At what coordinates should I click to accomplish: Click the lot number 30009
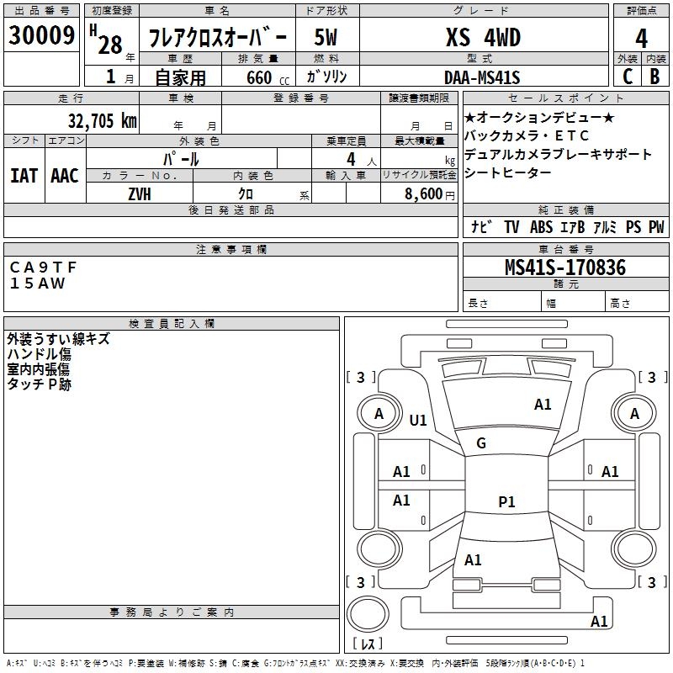tap(42, 36)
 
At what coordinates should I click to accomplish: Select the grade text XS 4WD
tap(483, 38)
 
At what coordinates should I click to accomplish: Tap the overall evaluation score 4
tap(641, 39)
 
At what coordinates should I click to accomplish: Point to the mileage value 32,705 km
tap(102, 120)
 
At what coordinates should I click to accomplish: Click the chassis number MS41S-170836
tap(564, 268)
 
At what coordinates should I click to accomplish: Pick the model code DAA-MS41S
tap(482, 77)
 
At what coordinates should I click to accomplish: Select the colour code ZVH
tap(140, 193)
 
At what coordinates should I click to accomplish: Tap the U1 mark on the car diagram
tap(418, 421)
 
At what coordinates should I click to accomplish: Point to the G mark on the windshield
tap(481, 443)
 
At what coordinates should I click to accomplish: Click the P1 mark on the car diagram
tap(506, 502)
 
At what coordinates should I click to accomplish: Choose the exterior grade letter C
tap(628, 77)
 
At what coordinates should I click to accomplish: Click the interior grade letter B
tap(655, 77)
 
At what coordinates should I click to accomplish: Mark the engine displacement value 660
tap(258, 77)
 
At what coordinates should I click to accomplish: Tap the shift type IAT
tap(24, 175)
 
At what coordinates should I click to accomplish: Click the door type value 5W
tap(327, 39)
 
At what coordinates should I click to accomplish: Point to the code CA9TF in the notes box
tap(43, 267)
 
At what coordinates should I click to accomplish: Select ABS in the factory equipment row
tap(541, 227)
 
